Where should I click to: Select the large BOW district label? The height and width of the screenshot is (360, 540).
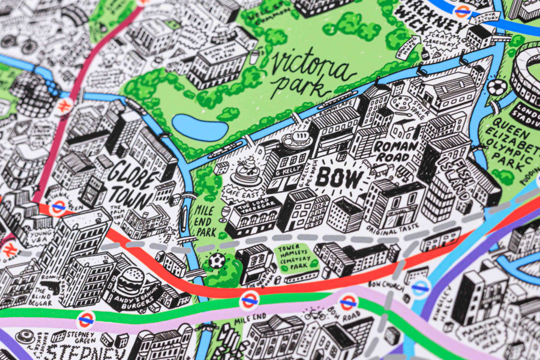click(x=339, y=178)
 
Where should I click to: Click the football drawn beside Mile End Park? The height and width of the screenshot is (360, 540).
click(x=217, y=261)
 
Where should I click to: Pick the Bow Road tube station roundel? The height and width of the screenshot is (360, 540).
click(x=348, y=302)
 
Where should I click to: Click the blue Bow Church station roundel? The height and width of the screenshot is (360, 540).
click(x=421, y=287)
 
